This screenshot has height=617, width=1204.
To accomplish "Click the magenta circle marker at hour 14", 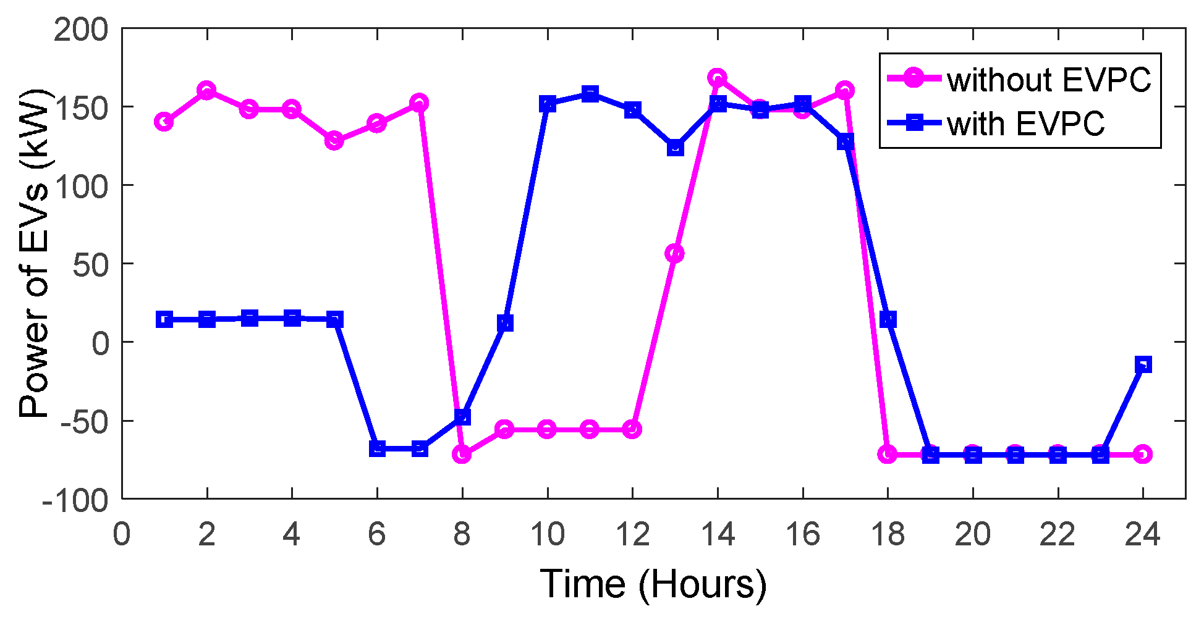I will (x=717, y=78).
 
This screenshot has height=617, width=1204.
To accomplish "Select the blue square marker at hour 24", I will (x=1143, y=364).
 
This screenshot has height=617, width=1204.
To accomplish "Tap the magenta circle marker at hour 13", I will (x=674, y=253).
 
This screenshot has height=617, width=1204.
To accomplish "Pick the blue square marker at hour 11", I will (x=590, y=94).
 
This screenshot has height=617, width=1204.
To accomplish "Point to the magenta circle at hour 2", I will (x=206, y=90).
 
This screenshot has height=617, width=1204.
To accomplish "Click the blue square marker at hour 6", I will (x=377, y=448).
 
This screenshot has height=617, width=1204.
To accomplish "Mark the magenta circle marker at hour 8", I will (x=462, y=455).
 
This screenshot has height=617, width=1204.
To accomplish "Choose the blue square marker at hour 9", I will (x=505, y=323).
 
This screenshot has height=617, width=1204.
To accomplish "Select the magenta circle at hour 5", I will (x=334, y=141).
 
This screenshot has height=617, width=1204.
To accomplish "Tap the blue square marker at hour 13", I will (x=676, y=148).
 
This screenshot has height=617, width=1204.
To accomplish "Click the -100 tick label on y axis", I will (x=75, y=499).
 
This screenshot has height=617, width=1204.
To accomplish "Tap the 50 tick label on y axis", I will (x=90, y=264).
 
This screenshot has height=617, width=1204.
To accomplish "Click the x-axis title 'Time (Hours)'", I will (x=653, y=584).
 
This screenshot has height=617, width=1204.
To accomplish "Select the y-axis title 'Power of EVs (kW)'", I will (x=34, y=253).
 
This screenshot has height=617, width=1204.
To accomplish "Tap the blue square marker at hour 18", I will (x=888, y=319).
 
